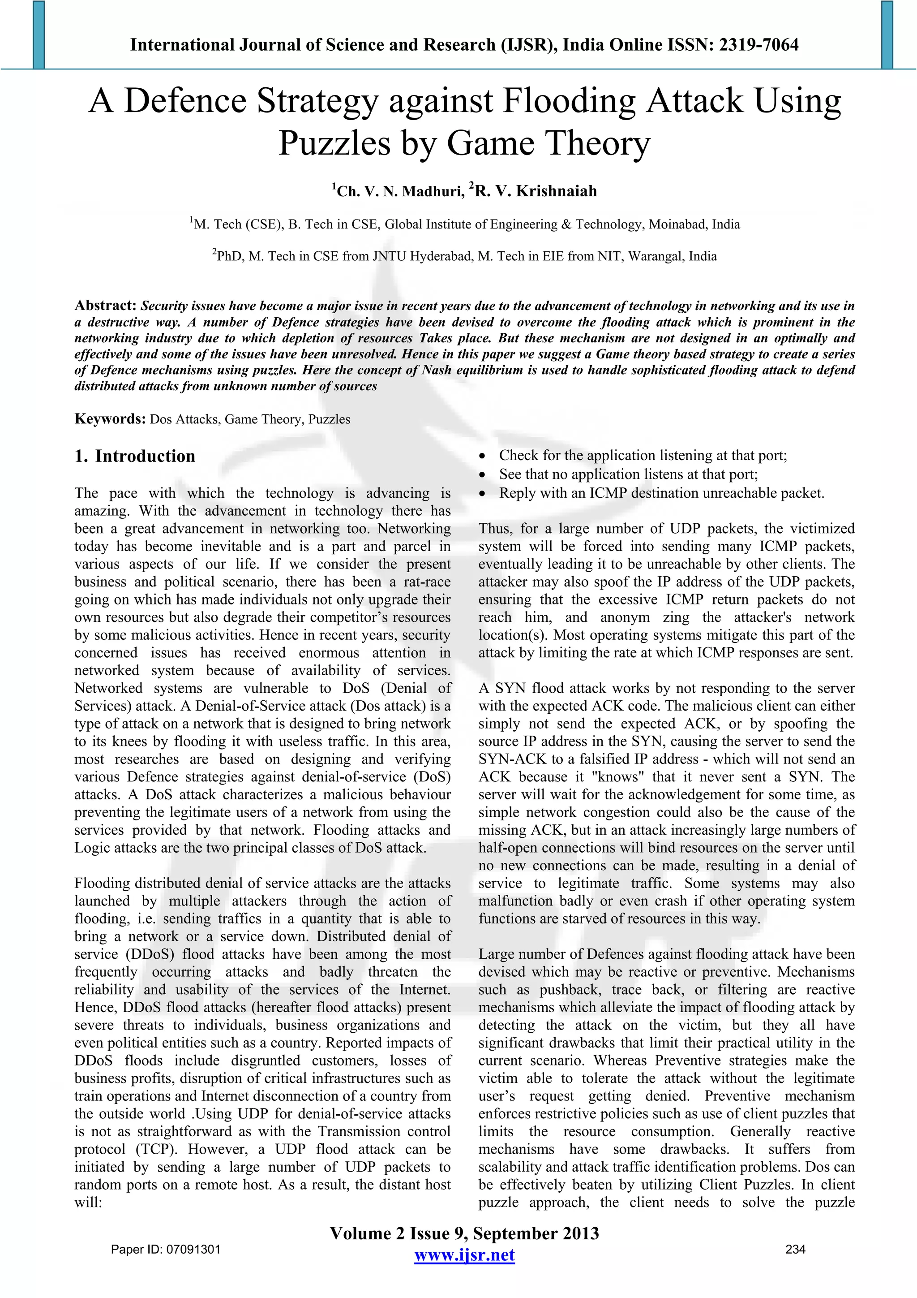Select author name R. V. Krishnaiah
pos(535,191)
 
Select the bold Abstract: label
pos(106,306)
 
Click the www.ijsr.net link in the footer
pos(464,1255)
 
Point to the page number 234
pos(795,1249)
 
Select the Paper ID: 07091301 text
pos(166,1249)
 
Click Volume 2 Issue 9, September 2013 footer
pos(464,1233)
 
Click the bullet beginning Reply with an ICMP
pos(661,493)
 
